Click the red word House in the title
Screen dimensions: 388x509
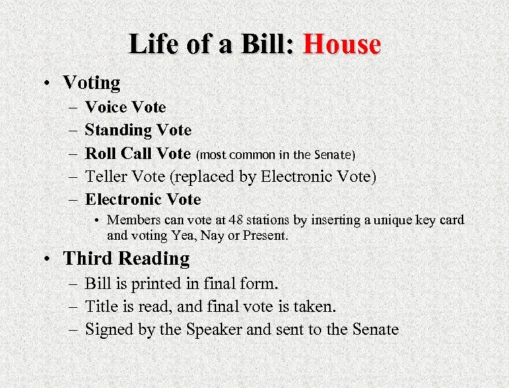click(342, 44)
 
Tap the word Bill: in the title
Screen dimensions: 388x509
click(265, 44)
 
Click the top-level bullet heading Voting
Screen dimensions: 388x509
click(92, 83)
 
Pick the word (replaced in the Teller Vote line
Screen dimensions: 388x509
click(197, 176)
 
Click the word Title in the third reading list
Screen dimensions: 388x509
click(99, 306)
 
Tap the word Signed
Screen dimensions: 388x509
click(108, 329)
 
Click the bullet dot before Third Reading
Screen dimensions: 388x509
click(50, 259)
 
